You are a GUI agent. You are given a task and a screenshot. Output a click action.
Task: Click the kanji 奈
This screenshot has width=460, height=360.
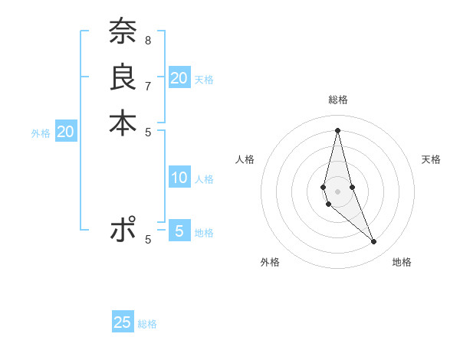[123, 33]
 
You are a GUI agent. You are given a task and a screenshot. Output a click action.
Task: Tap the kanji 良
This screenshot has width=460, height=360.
[123, 78]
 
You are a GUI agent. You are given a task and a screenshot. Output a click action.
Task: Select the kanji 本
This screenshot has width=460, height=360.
[123, 123]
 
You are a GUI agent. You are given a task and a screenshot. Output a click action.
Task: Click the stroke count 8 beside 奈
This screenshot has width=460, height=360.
[147, 40]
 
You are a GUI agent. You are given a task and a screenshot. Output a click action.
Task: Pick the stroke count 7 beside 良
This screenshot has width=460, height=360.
[147, 85]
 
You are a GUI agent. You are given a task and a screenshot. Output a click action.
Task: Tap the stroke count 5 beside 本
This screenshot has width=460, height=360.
[147, 130]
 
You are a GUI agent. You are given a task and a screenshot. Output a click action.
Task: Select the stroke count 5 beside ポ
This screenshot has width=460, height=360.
[147, 239]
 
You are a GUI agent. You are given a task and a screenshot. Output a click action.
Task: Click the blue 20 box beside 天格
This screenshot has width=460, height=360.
[179, 78]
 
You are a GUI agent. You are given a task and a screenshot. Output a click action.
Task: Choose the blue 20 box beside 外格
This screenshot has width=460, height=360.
[66, 132]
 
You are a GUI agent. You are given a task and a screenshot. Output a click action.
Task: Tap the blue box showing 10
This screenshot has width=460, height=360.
[179, 178]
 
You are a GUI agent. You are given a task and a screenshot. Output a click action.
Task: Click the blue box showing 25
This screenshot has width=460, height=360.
[123, 322]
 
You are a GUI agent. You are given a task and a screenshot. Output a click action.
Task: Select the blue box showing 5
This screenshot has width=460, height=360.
[179, 231]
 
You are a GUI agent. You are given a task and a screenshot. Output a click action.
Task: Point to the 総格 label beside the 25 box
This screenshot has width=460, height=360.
[147, 324]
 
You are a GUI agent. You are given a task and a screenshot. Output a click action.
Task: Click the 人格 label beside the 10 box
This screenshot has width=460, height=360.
[204, 179]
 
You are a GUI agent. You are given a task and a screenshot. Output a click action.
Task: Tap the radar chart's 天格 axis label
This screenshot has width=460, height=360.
[431, 159]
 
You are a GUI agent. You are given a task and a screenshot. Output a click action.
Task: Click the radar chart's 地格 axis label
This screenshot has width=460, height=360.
[402, 262]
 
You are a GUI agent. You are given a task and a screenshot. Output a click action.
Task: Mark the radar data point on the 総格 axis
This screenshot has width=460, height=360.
[337, 129]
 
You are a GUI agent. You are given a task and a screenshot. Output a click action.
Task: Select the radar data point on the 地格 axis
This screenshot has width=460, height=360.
[373, 241]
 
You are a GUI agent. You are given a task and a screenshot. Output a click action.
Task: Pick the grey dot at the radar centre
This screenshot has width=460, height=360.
[337, 181]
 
